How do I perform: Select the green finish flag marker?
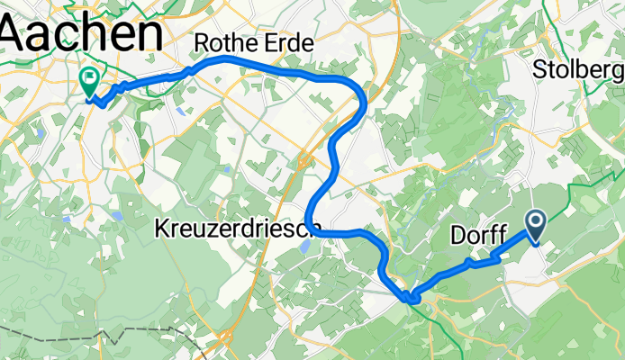click(90, 82)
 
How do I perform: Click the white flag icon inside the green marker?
click(90, 78)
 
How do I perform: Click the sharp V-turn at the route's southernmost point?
click(411, 295)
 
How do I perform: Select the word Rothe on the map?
click(221, 43)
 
